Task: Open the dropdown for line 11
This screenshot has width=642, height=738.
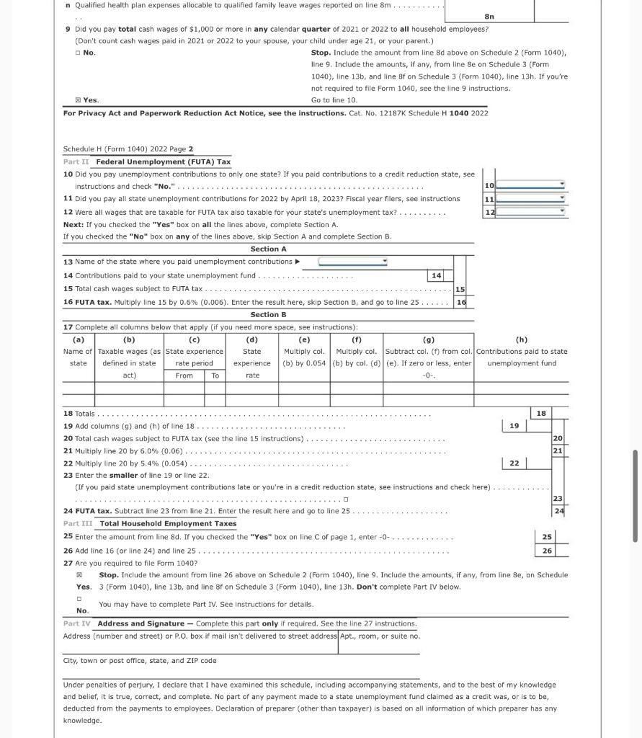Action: tap(530, 199)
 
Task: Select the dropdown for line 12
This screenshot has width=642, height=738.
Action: tap(530, 212)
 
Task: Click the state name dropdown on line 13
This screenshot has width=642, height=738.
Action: tap(353, 262)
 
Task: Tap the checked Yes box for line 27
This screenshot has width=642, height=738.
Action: tap(79, 575)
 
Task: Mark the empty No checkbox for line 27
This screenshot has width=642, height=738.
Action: tap(79, 599)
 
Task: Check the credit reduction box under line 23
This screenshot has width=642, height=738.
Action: tap(346, 499)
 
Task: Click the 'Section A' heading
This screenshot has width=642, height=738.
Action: tap(268, 249)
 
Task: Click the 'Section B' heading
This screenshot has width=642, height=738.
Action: tap(268, 314)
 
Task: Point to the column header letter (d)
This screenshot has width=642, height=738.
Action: tap(252, 339)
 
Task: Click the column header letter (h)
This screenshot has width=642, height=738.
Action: tap(522, 339)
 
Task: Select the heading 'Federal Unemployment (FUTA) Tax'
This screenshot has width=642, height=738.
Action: tap(164, 161)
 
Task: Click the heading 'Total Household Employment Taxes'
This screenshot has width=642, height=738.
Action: tap(168, 523)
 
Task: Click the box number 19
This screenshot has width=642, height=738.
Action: tap(514, 426)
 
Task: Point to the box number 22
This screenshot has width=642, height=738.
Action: tap(514, 463)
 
